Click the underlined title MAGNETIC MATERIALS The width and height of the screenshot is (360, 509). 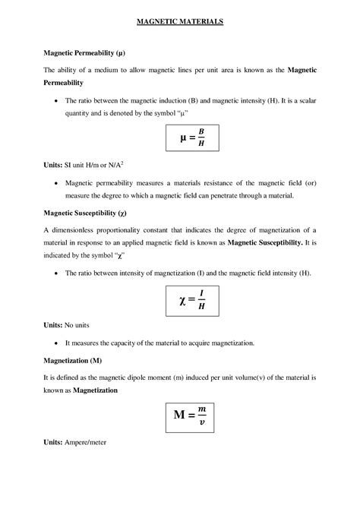(180, 23)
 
